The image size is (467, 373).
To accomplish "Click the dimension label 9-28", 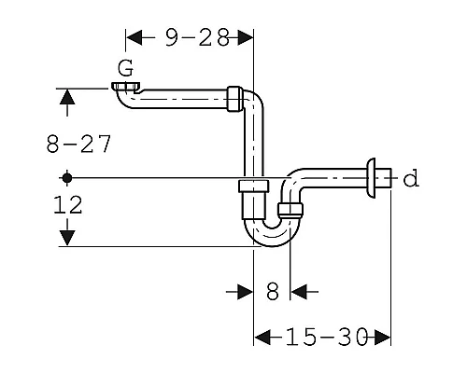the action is click(197, 37).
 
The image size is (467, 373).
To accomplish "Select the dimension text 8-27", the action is click(78, 144).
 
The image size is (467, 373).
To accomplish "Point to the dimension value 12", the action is click(68, 205).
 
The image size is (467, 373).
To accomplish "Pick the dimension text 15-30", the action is click(327, 337).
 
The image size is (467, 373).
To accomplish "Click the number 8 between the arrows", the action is click(273, 292).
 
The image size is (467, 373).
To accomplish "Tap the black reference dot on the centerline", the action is click(66, 178).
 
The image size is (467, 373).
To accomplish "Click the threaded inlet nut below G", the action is click(125, 86).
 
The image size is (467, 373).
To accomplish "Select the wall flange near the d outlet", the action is click(371, 178).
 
